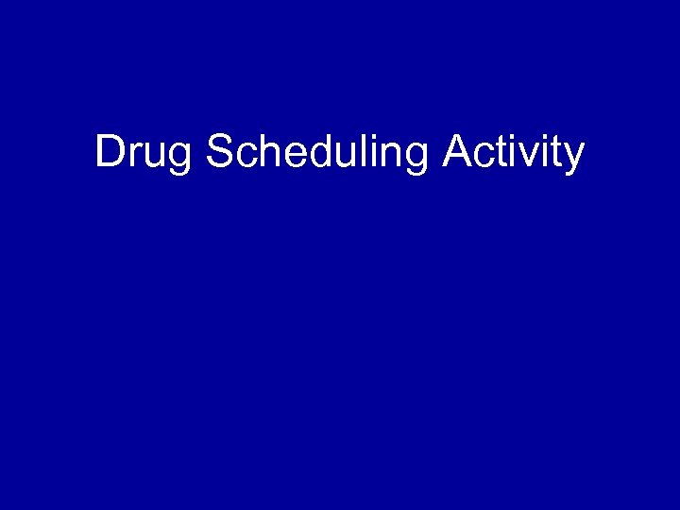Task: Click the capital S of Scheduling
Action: pos(218,152)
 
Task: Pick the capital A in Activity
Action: pos(455,152)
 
